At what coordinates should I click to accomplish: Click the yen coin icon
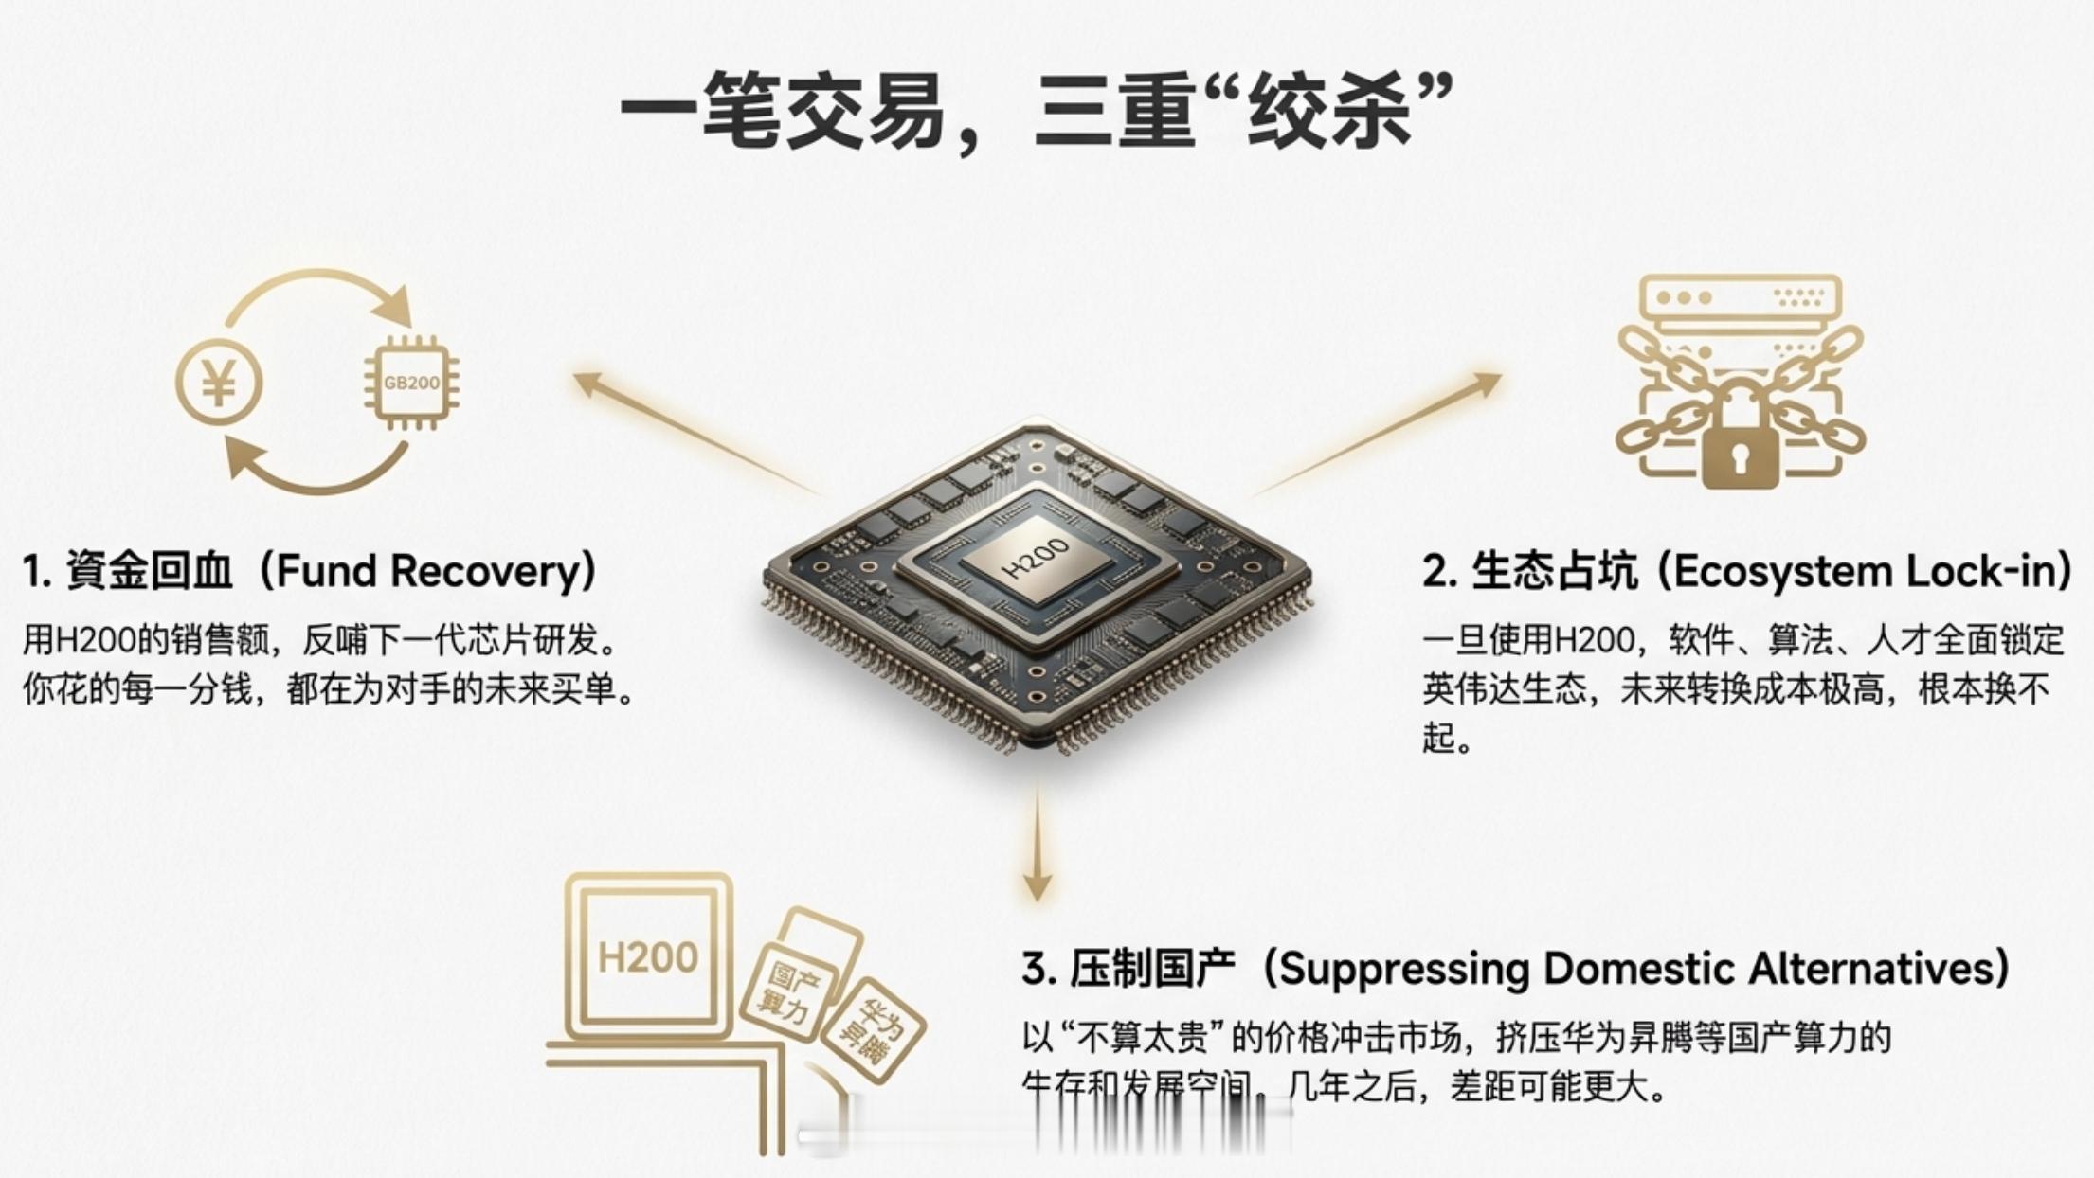tap(219, 383)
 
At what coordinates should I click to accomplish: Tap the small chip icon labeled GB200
tap(411, 383)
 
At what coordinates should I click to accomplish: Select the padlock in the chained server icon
tap(1741, 443)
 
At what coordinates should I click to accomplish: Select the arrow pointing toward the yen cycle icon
tap(692, 431)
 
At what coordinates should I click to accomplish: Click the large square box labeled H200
tap(648, 956)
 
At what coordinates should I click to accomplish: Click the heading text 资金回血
tap(148, 571)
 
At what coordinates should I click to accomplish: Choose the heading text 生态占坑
tap(1554, 571)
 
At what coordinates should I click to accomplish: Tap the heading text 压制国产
tap(1153, 969)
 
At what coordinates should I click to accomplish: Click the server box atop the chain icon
tap(1740, 298)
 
